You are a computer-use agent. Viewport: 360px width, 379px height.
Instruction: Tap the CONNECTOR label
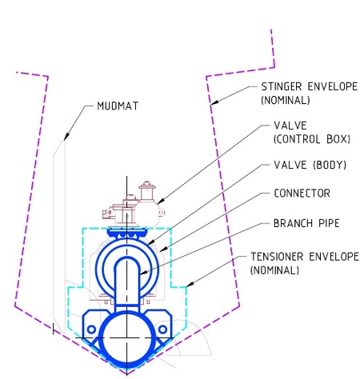pos(302,193)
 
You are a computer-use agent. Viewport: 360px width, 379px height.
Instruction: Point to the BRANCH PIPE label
pos(306,222)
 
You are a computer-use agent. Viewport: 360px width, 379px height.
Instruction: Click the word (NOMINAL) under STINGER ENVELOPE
pos(286,102)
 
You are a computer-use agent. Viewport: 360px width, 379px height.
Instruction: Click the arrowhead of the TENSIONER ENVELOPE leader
pos(189,288)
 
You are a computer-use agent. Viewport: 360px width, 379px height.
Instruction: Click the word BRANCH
pos(294,222)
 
